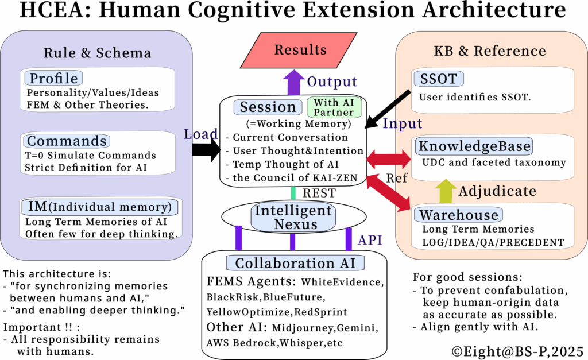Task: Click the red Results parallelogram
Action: [300, 50]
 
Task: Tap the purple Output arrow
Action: [294, 82]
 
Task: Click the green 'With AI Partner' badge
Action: [334, 106]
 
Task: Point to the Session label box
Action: [268, 107]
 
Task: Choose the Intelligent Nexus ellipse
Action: [293, 218]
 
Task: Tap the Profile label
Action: [53, 78]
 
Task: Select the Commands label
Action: [67, 141]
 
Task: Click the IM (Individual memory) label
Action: [99, 207]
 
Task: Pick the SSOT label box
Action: [439, 79]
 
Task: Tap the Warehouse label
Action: [458, 215]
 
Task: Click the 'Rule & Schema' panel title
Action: [97, 53]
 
